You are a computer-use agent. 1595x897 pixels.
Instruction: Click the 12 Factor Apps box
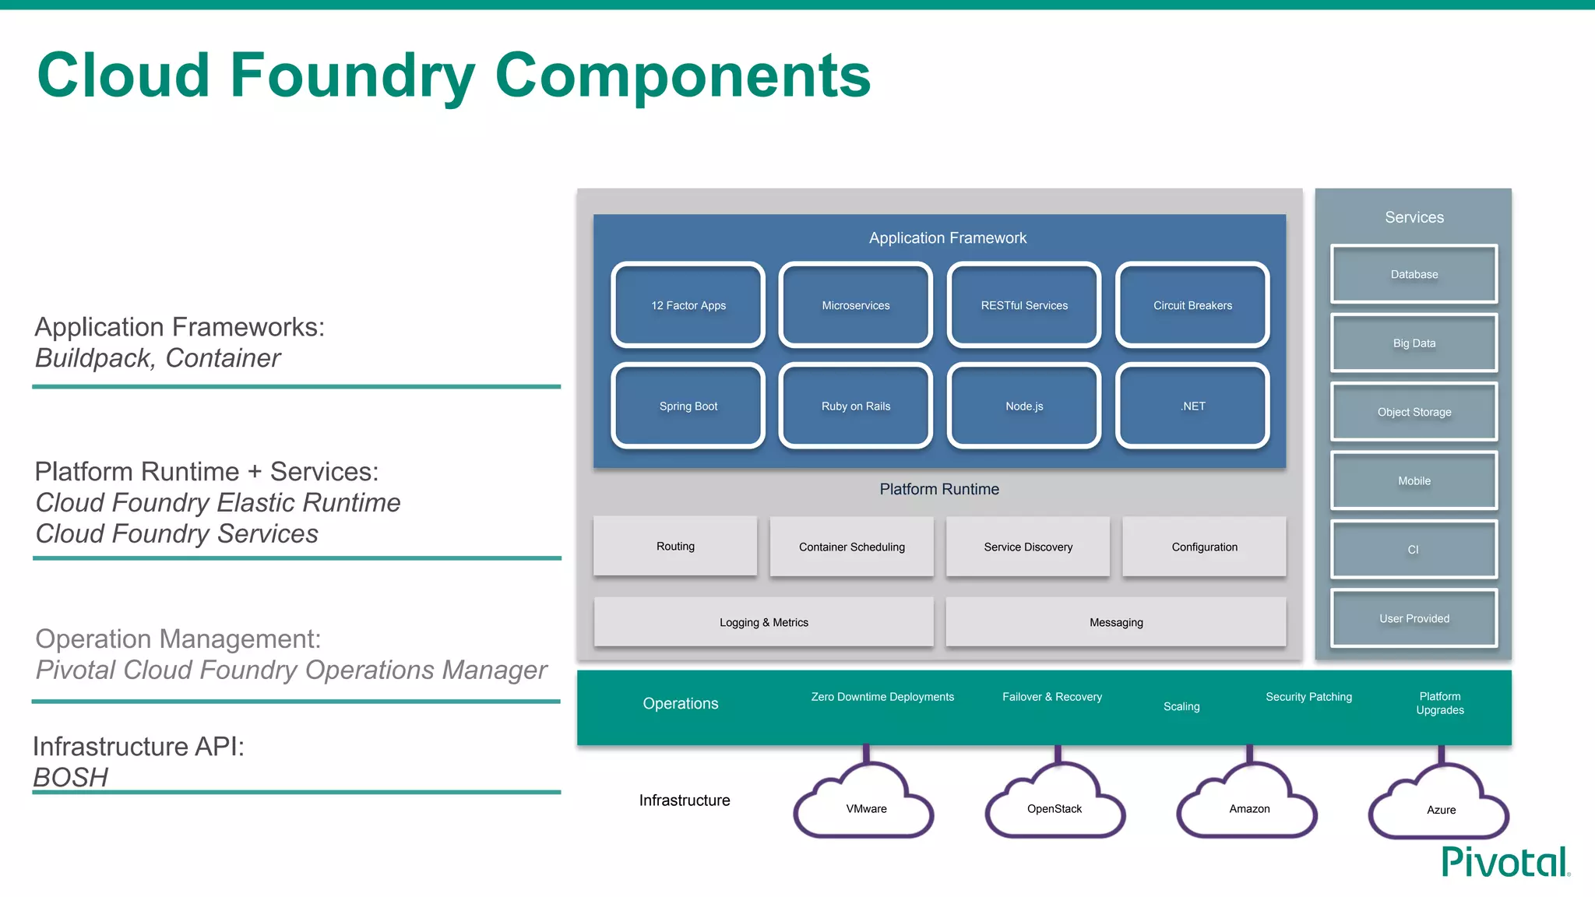688,305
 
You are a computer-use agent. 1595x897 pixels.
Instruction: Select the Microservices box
856,305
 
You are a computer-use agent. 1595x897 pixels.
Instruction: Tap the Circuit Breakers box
1192,305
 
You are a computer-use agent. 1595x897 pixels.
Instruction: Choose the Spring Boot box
688,406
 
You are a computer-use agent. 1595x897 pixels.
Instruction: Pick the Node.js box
1024,406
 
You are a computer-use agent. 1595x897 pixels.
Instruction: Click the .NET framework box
1192,406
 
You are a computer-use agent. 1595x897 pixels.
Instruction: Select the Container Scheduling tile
852,547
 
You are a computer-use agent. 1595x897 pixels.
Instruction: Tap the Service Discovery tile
1028,547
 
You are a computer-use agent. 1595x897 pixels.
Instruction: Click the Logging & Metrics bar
764,622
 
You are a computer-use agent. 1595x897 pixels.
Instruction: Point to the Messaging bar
1116,622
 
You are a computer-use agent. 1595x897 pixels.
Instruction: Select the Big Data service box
1414,343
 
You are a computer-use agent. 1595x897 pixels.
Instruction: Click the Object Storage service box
1414,412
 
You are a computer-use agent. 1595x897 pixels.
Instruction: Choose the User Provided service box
1414,618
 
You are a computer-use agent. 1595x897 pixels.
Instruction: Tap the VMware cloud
866,808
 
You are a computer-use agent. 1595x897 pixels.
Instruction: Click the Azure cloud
1441,809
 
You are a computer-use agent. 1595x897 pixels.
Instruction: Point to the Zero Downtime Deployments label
882,697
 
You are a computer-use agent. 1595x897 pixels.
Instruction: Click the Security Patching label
1308,697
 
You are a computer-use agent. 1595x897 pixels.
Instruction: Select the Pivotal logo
1505,863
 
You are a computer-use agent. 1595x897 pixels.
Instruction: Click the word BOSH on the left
71,777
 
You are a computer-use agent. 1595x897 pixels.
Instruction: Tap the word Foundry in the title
352,76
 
